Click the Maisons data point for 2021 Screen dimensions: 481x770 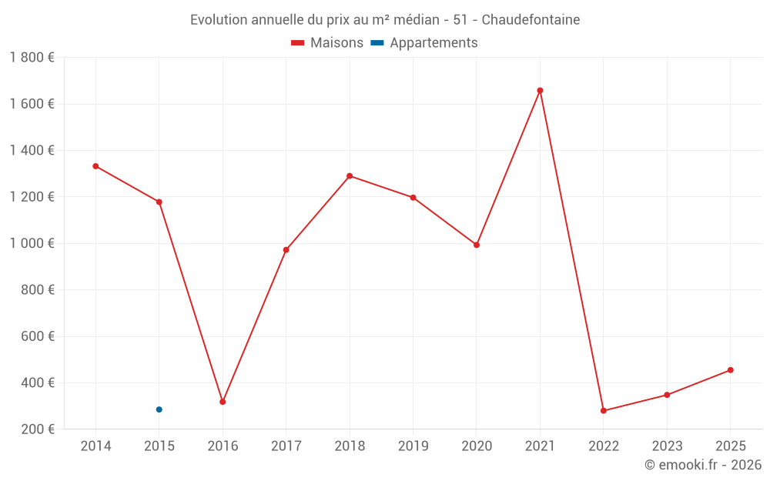point(540,90)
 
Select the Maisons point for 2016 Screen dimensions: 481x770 point(223,402)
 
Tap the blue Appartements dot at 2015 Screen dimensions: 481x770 point(159,409)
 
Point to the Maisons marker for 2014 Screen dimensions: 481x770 point(95,166)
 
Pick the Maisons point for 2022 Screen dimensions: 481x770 point(604,411)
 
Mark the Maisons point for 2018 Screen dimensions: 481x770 point(350,176)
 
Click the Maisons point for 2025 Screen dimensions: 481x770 point(731,370)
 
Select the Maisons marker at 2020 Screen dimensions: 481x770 point(477,245)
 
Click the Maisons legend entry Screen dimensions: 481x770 point(327,43)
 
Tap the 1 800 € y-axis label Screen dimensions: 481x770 point(32,58)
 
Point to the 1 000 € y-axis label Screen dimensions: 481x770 point(32,243)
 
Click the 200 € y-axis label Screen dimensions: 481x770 point(39,429)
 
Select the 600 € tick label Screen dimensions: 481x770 point(39,336)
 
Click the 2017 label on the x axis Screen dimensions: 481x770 point(286,446)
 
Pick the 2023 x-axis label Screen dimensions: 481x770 point(667,446)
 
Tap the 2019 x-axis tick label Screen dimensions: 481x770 point(413,446)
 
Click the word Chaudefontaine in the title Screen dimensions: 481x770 point(531,19)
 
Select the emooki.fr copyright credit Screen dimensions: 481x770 point(703,465)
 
